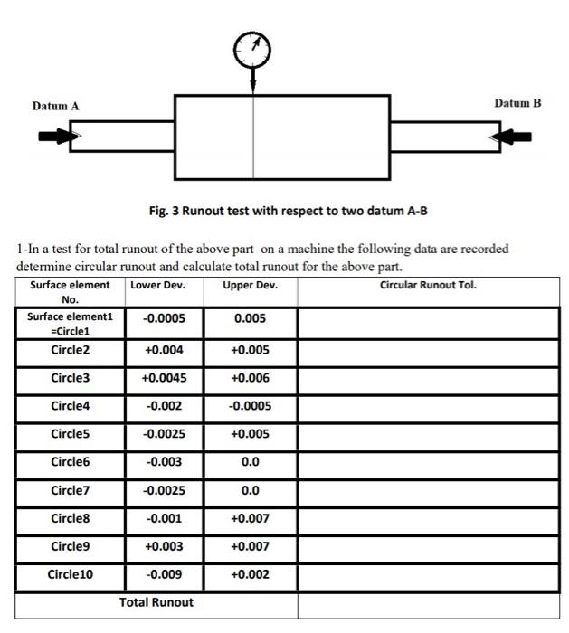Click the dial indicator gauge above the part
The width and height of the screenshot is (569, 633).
click(252, 45)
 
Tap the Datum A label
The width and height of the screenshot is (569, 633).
click(55, 107)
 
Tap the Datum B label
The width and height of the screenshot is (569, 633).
click(517, 103)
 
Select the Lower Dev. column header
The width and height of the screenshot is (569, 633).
click(156, 286)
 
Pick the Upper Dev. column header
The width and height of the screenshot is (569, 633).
click(250, 286)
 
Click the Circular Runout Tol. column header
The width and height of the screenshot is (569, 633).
click(428, 286)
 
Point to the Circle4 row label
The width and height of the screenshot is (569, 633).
click(71, 406)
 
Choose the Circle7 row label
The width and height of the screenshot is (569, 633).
click(71, 491)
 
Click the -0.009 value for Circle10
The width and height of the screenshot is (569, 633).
click(164, 574)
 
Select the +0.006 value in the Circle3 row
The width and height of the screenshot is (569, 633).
click(251, 378)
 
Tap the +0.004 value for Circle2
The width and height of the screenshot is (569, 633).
click(164, 350)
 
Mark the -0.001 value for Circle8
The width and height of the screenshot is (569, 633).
click(164, 518)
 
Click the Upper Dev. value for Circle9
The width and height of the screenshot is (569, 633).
click(251, 546)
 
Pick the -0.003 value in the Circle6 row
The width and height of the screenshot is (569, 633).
click(164, 462)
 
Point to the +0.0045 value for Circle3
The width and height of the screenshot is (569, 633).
click(164, 378)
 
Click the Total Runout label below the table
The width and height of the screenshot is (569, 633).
click(156, 602)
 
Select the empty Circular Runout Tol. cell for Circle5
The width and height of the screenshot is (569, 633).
click(428, 434)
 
